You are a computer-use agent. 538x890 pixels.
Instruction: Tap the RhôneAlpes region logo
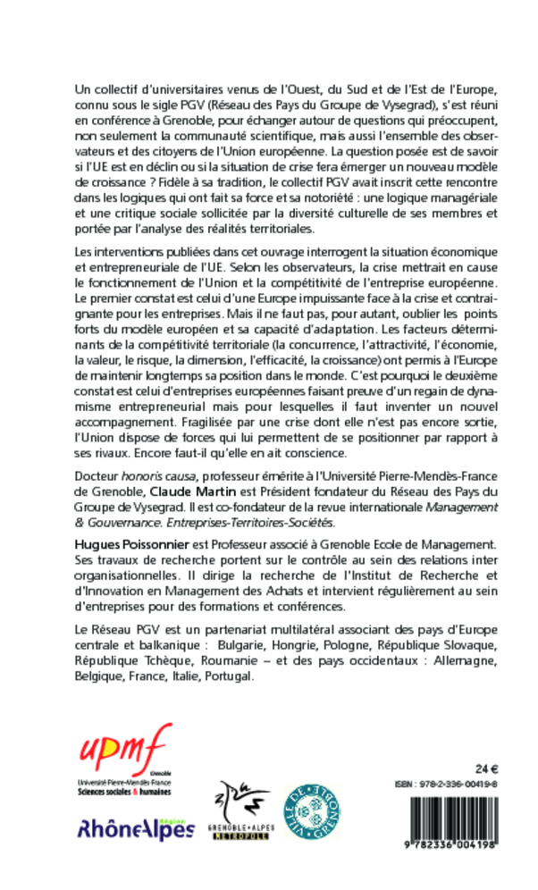[x=137, y=829]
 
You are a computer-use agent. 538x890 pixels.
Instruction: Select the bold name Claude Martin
[x=189, y=491]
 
